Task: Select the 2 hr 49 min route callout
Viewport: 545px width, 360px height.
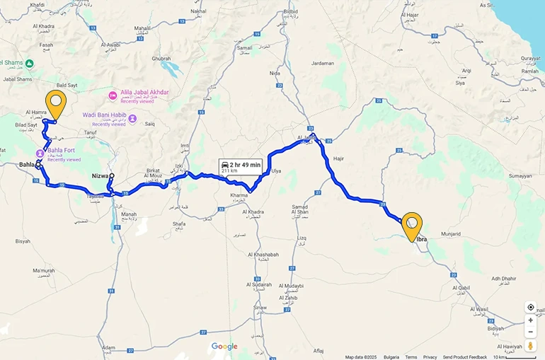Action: point(241,168)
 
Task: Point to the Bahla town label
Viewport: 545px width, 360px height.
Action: point(28,165)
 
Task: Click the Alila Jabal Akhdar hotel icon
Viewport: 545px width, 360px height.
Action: point(112,95)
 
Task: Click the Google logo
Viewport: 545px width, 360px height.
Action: point(224,347)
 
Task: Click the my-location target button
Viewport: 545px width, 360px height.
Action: point(530,308)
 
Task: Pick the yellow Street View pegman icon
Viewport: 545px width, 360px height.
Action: point(530,346)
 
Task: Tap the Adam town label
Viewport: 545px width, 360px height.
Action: point(108,348)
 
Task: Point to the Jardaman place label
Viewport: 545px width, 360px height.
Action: point(322,63)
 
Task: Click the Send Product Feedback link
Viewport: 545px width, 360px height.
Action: point(465,357)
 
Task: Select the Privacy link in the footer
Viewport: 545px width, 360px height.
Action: point(430,357)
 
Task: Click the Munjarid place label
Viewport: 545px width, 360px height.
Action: point(451,233)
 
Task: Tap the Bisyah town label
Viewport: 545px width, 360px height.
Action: point(23,241)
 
